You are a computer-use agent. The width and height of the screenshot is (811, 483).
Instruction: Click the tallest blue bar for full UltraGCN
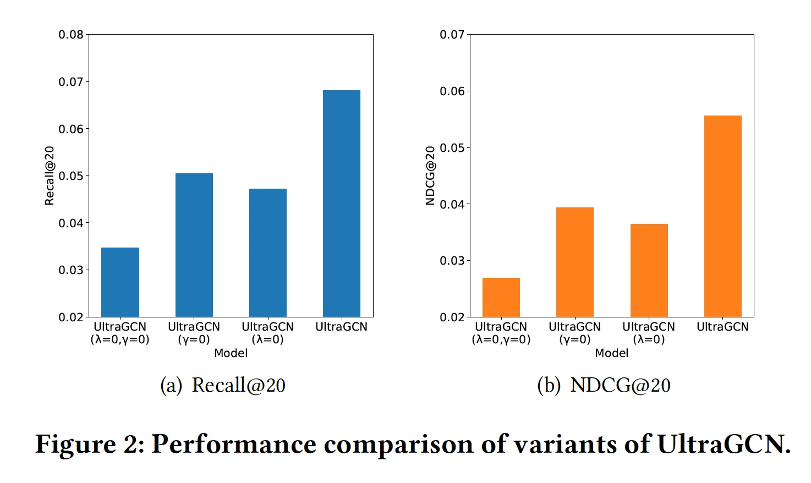point(342,204)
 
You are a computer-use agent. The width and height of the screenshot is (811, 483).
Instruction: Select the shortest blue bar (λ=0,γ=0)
point(120,282)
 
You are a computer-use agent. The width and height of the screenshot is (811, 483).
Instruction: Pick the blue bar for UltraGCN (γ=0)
point(194,245)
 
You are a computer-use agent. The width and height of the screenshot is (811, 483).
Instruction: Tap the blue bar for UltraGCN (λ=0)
point(268,253)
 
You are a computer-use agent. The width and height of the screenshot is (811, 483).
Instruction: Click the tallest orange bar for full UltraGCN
point(723,216)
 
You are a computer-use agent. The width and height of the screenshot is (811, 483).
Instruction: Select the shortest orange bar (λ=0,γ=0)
point(501,297)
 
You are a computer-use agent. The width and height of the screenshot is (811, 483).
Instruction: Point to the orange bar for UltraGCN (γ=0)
point(575,262)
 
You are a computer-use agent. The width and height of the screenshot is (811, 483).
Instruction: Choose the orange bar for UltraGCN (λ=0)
point(649,270)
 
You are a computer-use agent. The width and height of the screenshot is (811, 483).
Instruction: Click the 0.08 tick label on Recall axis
point(71,35)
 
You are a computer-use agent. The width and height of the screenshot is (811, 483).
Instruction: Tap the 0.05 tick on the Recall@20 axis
point(71,176)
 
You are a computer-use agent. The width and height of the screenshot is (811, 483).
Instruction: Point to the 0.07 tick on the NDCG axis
point(452,35)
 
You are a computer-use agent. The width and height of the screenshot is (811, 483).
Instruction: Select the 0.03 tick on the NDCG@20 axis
point(452,261)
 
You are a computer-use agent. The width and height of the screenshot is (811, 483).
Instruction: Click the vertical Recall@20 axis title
point(50,175)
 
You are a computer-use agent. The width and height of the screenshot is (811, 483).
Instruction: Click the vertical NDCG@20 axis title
point(430,175)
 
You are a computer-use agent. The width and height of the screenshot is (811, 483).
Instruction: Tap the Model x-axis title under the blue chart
point(231,353)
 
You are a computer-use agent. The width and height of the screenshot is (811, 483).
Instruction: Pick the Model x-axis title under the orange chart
point(611,353)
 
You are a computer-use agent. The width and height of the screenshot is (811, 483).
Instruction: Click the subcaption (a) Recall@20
point(223,385)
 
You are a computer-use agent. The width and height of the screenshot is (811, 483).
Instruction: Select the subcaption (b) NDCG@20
point(604,385)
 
